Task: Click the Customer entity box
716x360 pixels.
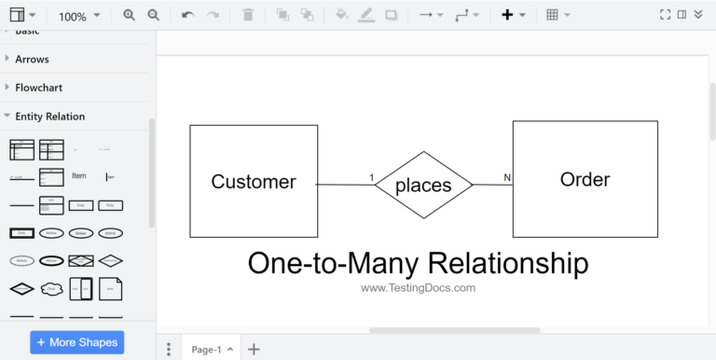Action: click(254, 182)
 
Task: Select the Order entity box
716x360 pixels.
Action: click(585, 179)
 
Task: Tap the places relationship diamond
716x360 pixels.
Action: click(423, 185)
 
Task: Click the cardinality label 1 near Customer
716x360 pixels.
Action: click(371, 177)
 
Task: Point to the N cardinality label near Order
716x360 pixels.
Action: click(507, 177)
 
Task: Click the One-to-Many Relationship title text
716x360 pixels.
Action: click(418, 263)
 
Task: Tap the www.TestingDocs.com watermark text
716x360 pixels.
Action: click(418, 288)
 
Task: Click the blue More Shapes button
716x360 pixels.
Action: click(76, 342)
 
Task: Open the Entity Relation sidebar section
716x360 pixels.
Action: click(50, 117)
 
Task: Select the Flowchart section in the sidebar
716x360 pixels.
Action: click(45, 88)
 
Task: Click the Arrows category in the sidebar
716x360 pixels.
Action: click(32, 59)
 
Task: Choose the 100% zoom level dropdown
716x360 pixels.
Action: click(78, 16)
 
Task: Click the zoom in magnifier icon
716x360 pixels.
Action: click(130, 15)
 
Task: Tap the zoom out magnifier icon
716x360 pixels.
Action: click(153, 15)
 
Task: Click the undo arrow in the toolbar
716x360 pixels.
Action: click(187, 15)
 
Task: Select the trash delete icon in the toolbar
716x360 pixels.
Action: click(247, 15)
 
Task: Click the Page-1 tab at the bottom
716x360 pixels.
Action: click(206, 350)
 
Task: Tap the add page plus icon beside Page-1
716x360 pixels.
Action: click(254, 350)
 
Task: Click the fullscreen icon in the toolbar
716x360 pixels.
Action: click(665, 15)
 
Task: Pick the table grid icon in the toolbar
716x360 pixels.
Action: click(553, 15)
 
